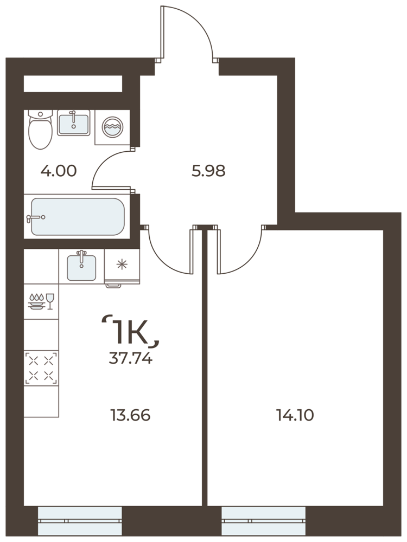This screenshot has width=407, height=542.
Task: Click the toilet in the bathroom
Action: click(x=41, y=130)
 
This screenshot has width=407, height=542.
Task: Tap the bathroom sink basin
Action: click(x=73, y=124)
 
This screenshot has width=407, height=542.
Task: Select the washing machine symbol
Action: click(x=112, y=127)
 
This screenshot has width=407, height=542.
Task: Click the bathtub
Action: click(x=77, y=216)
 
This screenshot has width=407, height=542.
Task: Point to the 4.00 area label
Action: click(x=59, y=171)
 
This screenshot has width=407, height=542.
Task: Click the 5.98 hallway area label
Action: click(x=208, y=171)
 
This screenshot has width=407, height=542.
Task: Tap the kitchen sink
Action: click(x=81, y=267)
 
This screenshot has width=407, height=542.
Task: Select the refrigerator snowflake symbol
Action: click(x=122, y=265)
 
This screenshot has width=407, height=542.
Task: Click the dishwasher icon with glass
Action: click(x=42, y=301)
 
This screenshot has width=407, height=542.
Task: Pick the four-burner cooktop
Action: click(x=41, y=368)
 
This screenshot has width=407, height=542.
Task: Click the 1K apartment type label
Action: click(x=130, y=332)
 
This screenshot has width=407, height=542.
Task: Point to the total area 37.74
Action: click(x=130, y=359)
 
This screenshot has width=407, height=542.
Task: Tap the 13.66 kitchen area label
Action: click(x=130, y=415)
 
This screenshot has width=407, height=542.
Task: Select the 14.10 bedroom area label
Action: click(x=295, y=415)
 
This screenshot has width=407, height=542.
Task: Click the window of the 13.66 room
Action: click(x=80, y=520)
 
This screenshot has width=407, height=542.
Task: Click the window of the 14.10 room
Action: click(x=263, y=520)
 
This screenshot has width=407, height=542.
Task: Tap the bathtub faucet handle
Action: click(x=36, y=217)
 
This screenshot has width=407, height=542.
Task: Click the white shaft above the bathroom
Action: click(x=73, y=83)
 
